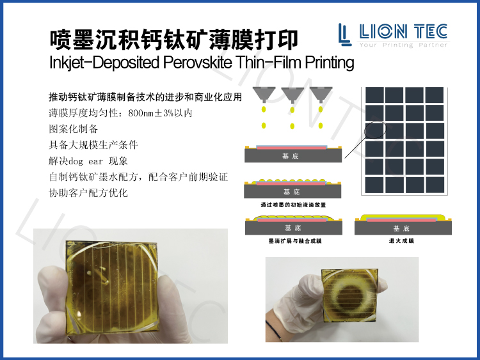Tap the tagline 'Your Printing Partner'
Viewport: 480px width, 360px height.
tap(404, 45)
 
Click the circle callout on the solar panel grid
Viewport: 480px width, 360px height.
tap(376, 128)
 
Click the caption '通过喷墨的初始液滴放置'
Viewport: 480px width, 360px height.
tap(292, 205)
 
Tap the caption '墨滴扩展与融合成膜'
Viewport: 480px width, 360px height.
tap(294, 242)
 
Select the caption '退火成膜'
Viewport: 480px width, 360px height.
tap(401, 242)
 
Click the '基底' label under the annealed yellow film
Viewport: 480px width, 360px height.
tap(401, 228)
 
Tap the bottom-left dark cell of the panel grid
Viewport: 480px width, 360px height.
tap(374, 185)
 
